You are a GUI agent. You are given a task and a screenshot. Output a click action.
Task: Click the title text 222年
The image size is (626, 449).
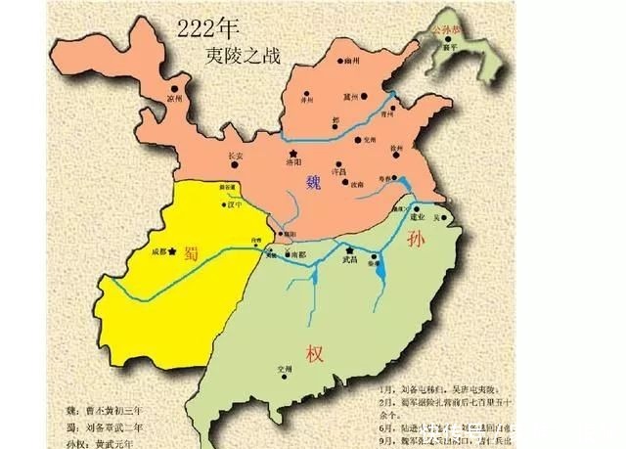click(x=208, y=29)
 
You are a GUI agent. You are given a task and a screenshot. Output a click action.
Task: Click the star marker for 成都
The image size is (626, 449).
click(x=172, y=251)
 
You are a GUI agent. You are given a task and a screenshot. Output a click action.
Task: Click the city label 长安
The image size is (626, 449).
click(x=235, y=155)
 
